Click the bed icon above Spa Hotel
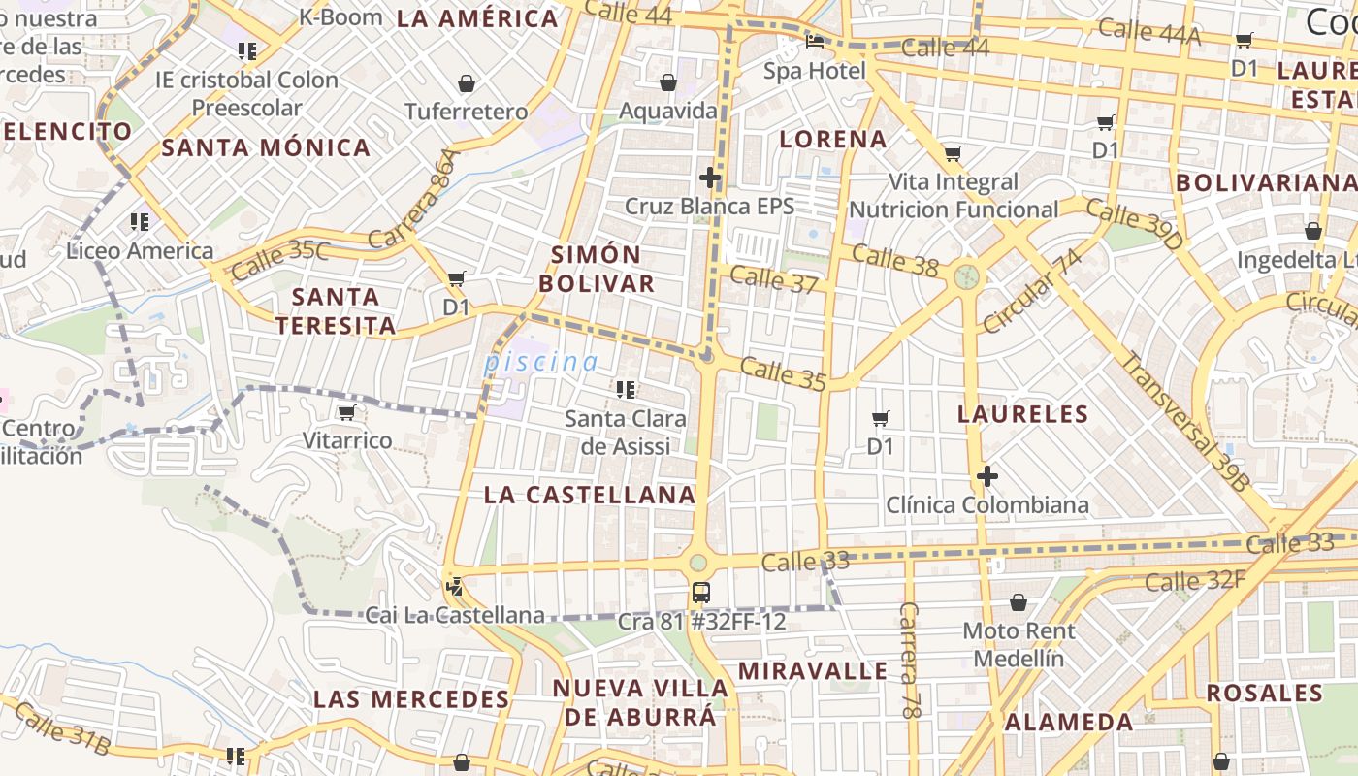815,42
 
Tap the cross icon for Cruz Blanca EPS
710,178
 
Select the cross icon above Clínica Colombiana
987,476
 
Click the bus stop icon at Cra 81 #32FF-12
700,592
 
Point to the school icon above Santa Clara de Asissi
626,390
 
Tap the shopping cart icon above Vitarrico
346,412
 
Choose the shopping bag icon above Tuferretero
467,83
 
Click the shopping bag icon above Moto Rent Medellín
1018,603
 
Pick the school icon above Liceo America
140,222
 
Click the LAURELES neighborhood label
1022,414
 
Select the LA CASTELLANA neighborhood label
590,495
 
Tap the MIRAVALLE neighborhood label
813,670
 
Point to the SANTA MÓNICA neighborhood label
266,147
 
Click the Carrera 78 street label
909,661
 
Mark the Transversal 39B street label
1184,422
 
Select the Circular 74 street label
1032,291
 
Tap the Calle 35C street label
280,259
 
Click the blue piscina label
541,362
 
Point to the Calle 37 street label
774,279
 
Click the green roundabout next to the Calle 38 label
966,276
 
